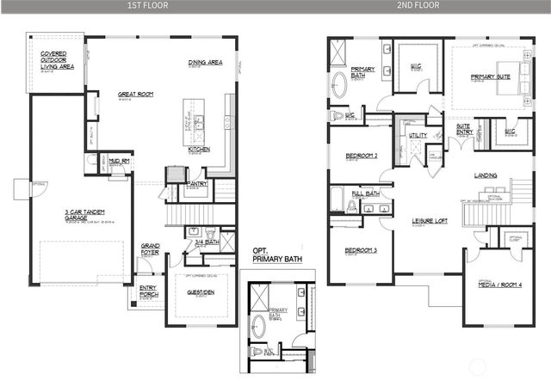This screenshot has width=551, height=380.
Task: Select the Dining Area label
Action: [x=206, y=63]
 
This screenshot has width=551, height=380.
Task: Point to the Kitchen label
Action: [x=199, y=149]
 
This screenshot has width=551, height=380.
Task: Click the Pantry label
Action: [x=197, y=183]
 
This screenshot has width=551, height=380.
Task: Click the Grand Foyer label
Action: [x=151, y=249]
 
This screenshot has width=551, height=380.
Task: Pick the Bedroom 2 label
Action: [x=362, y=156]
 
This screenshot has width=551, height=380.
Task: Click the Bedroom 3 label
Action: [x=362, y=250]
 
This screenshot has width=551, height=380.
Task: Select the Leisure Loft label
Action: [x=430, y=221]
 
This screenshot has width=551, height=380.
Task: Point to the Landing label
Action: [x=486, y=175]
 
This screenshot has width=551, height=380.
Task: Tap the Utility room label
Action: [x=418, y=135]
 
